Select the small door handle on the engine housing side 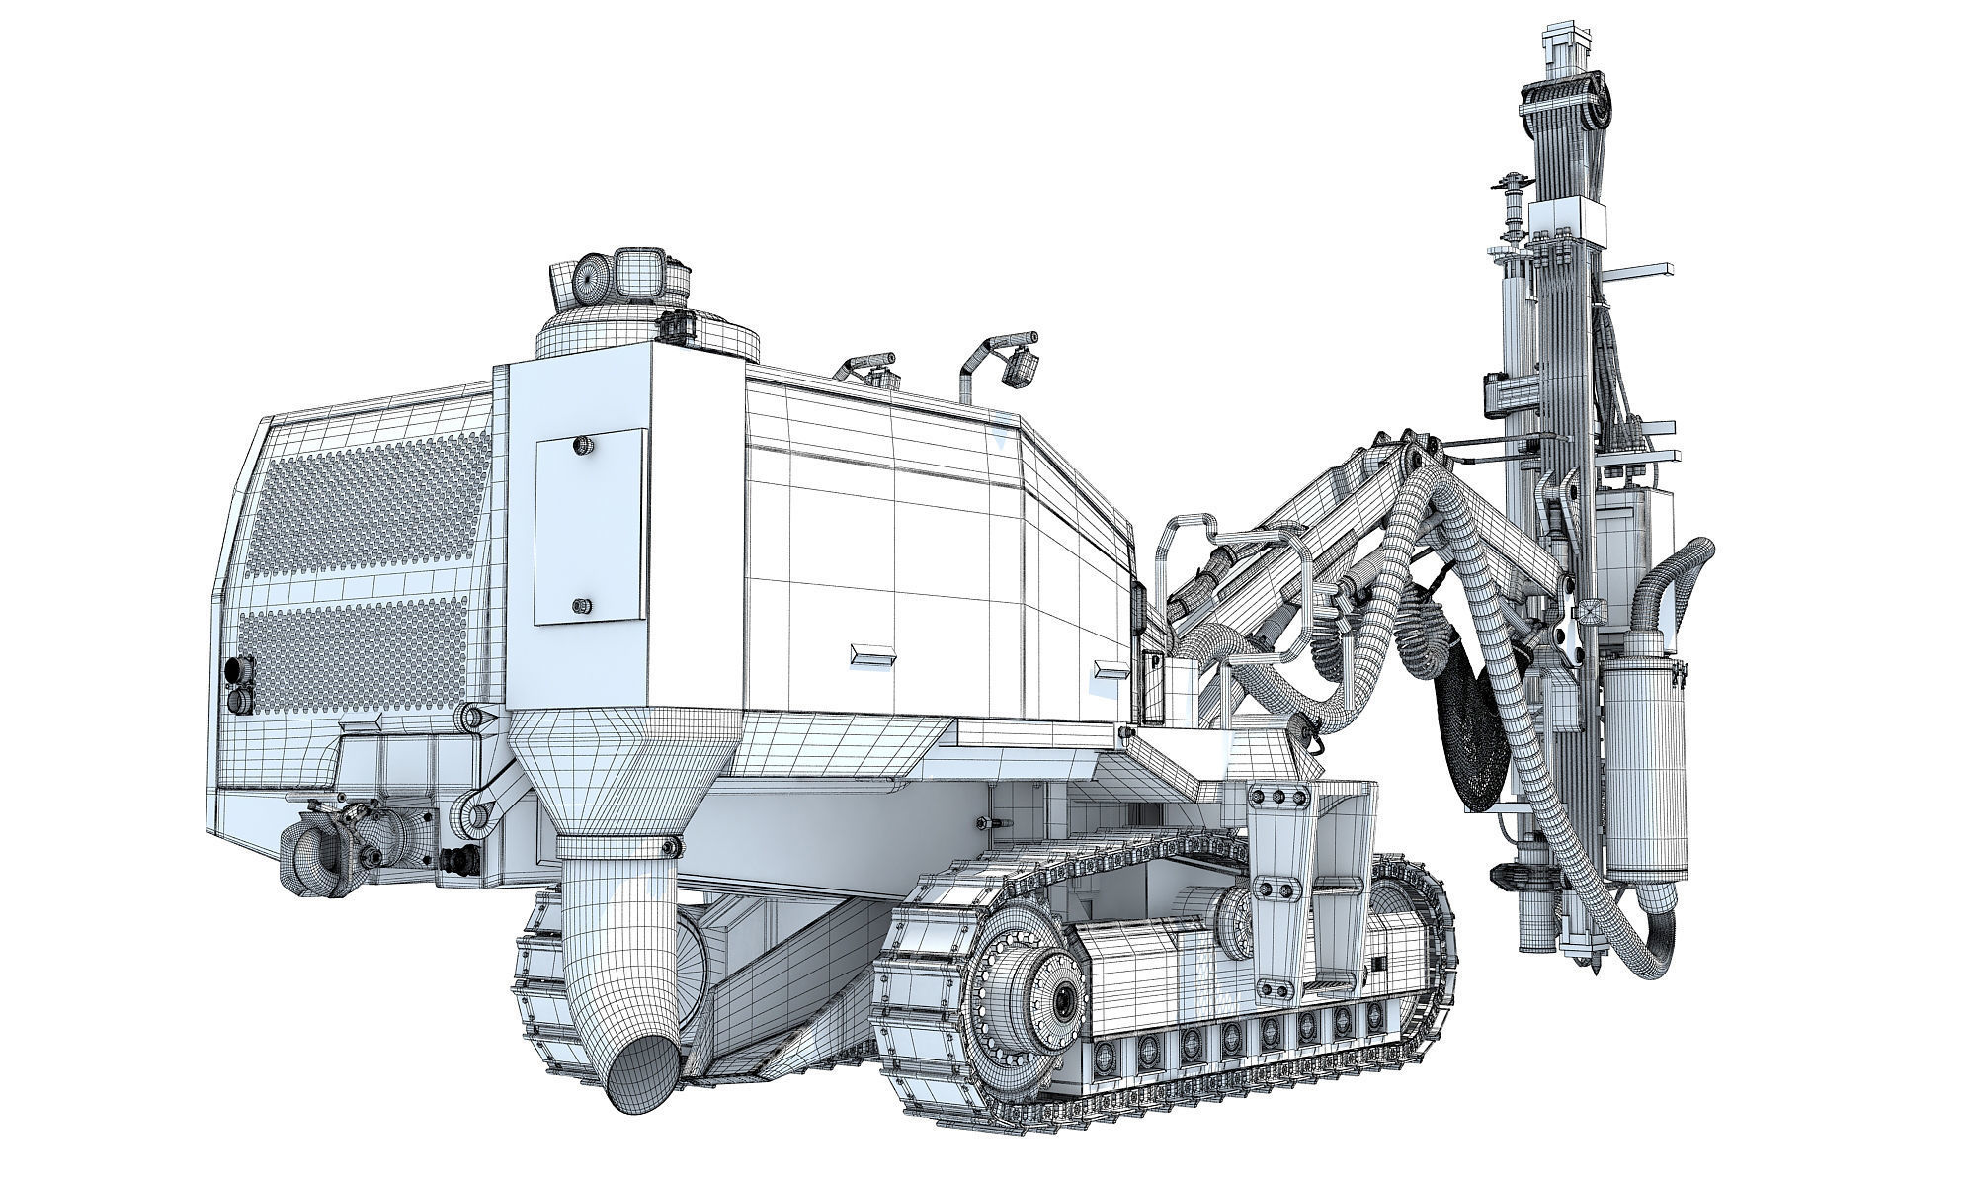coord(874,654)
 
